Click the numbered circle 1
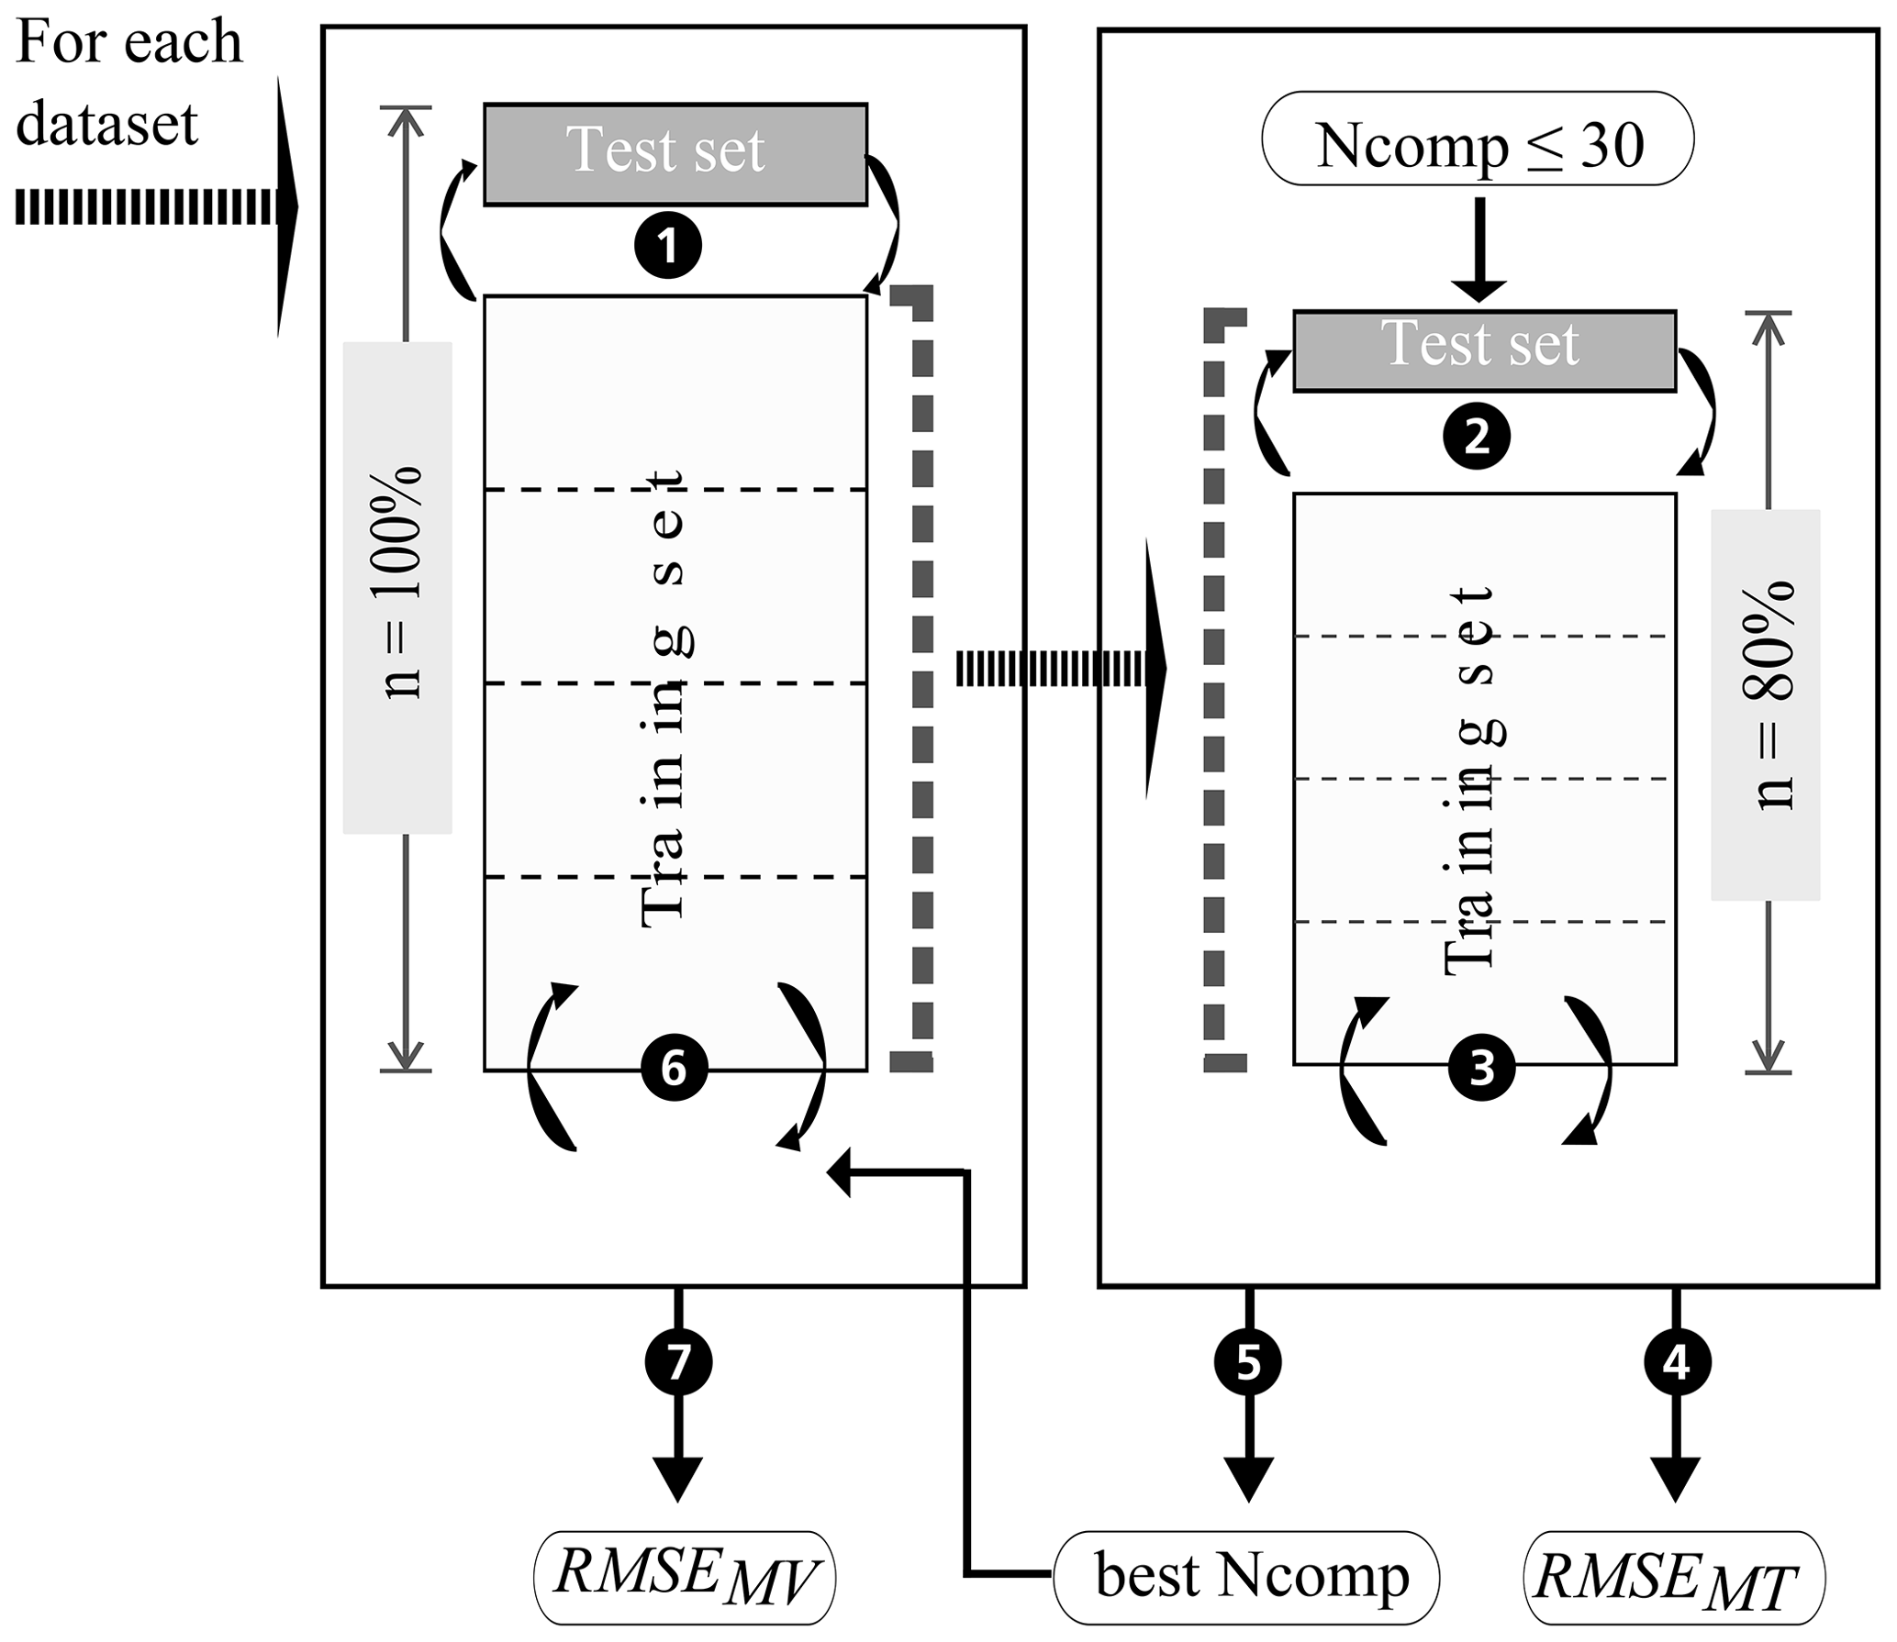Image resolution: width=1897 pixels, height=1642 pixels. coord(668,246)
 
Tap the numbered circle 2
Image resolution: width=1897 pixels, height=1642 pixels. coord(1477,437)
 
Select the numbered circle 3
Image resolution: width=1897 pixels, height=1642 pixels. coord(1482,1069)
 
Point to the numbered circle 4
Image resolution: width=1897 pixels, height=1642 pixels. coord(1676,1363)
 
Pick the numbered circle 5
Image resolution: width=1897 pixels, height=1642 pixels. coord(1248,1363)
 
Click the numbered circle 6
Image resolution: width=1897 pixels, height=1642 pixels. coord(675,1069)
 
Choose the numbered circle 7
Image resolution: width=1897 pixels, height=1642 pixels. coord(678,1363)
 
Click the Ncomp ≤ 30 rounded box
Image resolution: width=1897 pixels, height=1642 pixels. coord(1478,139)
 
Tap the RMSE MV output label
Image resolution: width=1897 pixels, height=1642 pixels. coord(685,1578)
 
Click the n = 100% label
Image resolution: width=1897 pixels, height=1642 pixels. coord(397,587)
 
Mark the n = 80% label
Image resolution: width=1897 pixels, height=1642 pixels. coord(1765,704)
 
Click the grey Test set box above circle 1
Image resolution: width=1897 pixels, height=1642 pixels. coord(675,153)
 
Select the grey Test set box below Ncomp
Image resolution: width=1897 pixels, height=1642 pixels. coord(1484,351)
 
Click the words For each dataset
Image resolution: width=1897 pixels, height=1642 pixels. coord(128,83)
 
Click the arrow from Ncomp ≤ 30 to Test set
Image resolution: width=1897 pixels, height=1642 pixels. coord(1479,250)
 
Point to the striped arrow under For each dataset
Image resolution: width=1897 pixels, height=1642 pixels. coord(156,208)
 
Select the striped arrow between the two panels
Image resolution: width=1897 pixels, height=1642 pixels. coord(1060,668)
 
